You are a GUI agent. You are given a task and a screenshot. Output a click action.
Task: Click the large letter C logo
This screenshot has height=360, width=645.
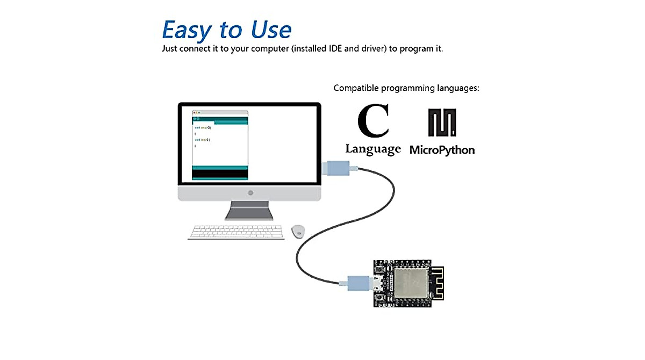click(373, 121)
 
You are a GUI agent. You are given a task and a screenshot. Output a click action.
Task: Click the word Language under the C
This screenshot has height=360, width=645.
click(373, 149)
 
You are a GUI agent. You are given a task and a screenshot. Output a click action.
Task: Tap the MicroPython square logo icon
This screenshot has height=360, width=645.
click(442, 122)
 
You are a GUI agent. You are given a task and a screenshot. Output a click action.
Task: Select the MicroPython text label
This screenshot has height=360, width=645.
click(442, 150)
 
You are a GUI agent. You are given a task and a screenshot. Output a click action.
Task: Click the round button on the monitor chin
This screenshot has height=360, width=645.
click(250, 192)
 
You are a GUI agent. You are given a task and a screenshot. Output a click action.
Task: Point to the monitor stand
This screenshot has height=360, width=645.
click(249, 211)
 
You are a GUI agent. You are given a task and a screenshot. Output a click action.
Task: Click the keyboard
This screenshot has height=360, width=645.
click(236, 232)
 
